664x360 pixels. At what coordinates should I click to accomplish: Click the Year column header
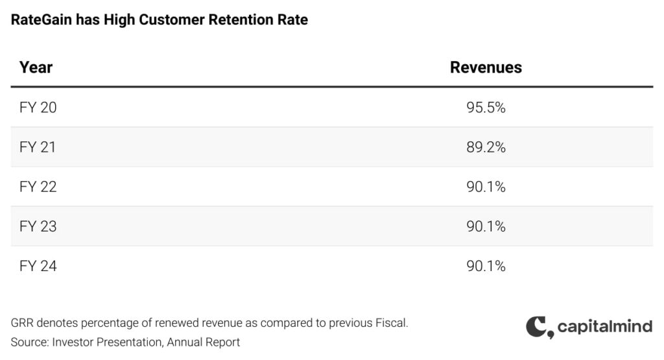[x=36, y=67]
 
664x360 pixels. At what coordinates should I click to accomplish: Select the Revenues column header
[x=486, y=67]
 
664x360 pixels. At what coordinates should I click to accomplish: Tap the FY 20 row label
[x=38, y=108]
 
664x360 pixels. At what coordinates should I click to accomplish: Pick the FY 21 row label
[x=38, y=147]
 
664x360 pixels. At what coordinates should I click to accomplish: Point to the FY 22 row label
[x=38, y=187]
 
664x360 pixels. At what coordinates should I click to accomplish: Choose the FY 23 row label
[x=38, y=226]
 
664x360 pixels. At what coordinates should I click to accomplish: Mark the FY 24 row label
[x=38, y=266]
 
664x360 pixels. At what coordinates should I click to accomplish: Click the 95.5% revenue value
[x=486, y=108]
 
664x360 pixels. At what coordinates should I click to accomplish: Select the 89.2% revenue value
[x=486, y=147]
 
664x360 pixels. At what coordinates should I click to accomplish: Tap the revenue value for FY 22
[x=486, y=187]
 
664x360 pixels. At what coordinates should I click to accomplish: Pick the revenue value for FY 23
[x=486, y=226]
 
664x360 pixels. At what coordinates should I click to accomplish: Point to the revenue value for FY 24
[x=486, y=266]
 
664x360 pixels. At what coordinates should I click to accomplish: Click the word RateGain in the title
[x=41, y=20]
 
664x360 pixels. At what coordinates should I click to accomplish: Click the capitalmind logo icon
[x=539, y=327]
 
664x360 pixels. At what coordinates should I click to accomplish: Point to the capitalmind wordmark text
[x=604, y=326]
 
